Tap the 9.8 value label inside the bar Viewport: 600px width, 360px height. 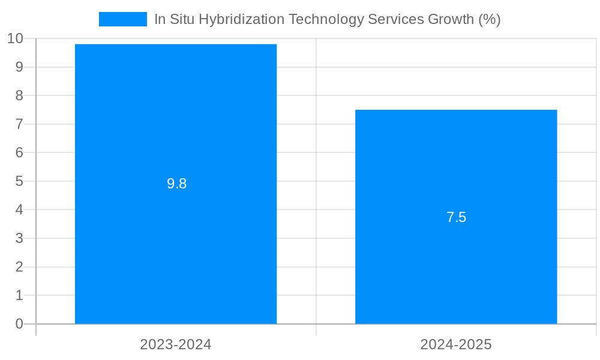click(x=177, y=184)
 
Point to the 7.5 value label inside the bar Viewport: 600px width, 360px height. click(x=456, y=217)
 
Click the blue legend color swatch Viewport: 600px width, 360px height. click(x=123, y=19)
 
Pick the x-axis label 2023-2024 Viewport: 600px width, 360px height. click(x=176, y=344)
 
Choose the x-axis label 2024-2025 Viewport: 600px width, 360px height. click(x=456, y=344)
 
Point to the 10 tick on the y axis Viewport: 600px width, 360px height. click(x=15, y=39)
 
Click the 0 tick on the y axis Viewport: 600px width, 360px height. click(x=19, y=324)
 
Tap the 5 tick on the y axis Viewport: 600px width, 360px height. click(x=19, y=181)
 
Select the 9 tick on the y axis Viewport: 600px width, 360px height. click(x=19, y=67)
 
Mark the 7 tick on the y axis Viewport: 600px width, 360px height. click(x=19, y=124)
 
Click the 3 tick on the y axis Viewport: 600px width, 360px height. click(x=19, y=238)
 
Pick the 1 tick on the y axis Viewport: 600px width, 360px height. click(x=19, y=295)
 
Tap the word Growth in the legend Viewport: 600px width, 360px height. click(x=451, y=19)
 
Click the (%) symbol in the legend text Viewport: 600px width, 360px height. click(x=490, y=19)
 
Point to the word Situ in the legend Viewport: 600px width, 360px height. click(x=182, y=19)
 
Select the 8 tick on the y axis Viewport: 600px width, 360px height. click(x=19, y=95)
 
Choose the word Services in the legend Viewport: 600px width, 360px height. click(x=395, y=19)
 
